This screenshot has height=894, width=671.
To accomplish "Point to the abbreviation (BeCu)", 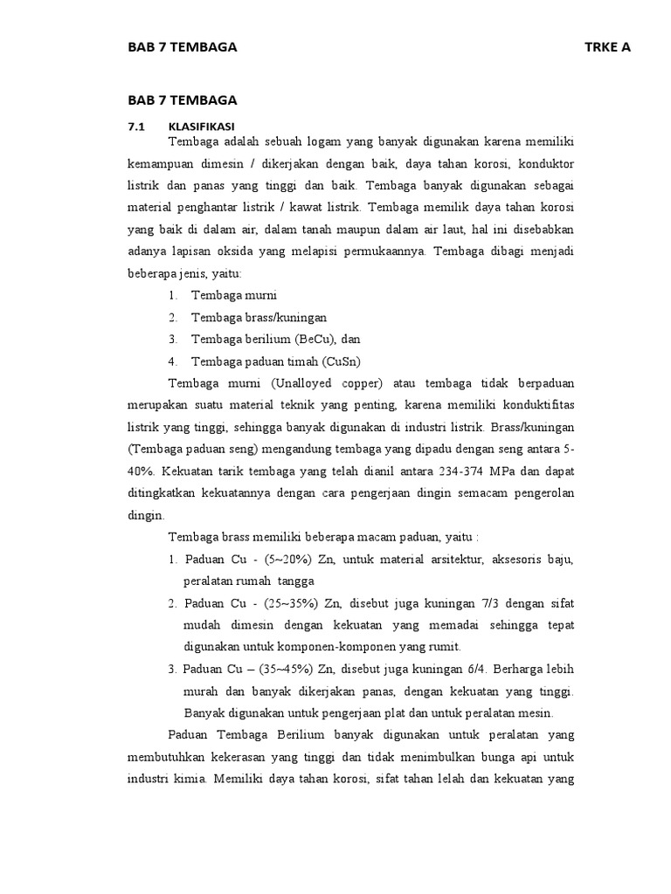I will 306,339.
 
